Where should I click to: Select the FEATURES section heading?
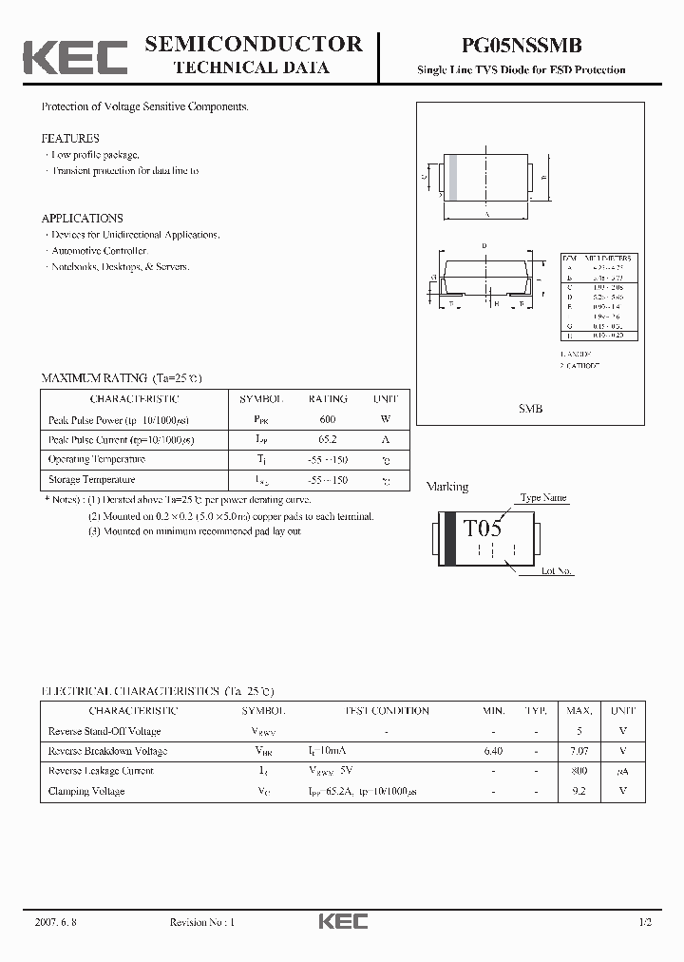click(x=70, y=139)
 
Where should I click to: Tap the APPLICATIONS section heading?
click(x=82, y=219)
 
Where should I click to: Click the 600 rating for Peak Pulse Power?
click(x=328, y=419)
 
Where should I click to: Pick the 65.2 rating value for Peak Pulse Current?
click(x=328, y=439)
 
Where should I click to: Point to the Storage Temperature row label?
click(x=91, y=480)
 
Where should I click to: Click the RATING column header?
click(x=328, y=399)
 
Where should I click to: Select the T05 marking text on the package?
click(x=482, y=529)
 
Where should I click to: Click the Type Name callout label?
click(x=543, y=497)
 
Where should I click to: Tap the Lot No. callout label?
click(x=558, y=571)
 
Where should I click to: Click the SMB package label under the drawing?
click(x=530, y=408)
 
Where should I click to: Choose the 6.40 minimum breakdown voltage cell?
click(x=493, y=751)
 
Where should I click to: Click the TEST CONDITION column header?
click(x=386, y=711)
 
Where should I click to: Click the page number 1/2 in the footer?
click(x=646, y=922)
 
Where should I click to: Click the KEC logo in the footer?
click(x=342, y=922)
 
